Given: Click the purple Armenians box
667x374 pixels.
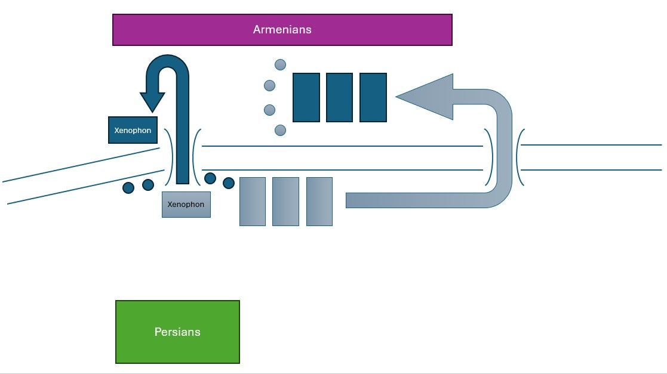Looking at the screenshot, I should point(282,30).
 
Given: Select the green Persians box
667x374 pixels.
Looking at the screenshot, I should point(177,332).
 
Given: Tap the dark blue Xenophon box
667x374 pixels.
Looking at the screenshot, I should point(133,130).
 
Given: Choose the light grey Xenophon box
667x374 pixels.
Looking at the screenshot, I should point(186,205).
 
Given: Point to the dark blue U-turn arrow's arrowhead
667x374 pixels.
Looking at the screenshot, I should point(152,101).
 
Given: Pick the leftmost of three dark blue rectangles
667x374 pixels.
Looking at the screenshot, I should point(306,97).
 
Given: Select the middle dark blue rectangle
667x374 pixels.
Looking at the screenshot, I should point(340,97).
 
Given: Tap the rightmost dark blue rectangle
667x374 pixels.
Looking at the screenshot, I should point(373,97).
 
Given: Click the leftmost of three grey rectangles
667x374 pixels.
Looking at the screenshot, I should point(252,202).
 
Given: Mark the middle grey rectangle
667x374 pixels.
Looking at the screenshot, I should point(285,202).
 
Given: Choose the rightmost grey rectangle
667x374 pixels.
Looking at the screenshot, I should point(319,202).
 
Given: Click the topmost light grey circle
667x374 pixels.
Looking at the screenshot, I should point(280,64).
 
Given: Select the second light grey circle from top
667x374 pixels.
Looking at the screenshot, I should point(269,86).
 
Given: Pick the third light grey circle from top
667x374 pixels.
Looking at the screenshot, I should point(269,110).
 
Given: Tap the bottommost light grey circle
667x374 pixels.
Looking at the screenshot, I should point(280,130).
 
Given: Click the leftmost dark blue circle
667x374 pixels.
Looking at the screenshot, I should point(128,188).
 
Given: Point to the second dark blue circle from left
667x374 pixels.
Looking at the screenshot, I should point(148,186).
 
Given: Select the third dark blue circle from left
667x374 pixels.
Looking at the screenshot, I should point(210,178).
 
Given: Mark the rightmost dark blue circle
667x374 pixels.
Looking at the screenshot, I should point(229,183).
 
